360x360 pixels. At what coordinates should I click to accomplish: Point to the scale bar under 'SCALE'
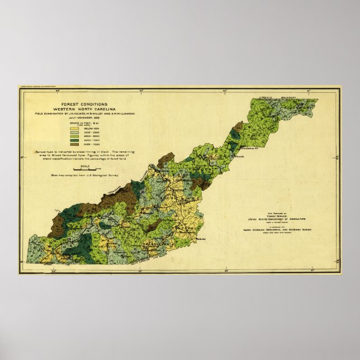84,170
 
